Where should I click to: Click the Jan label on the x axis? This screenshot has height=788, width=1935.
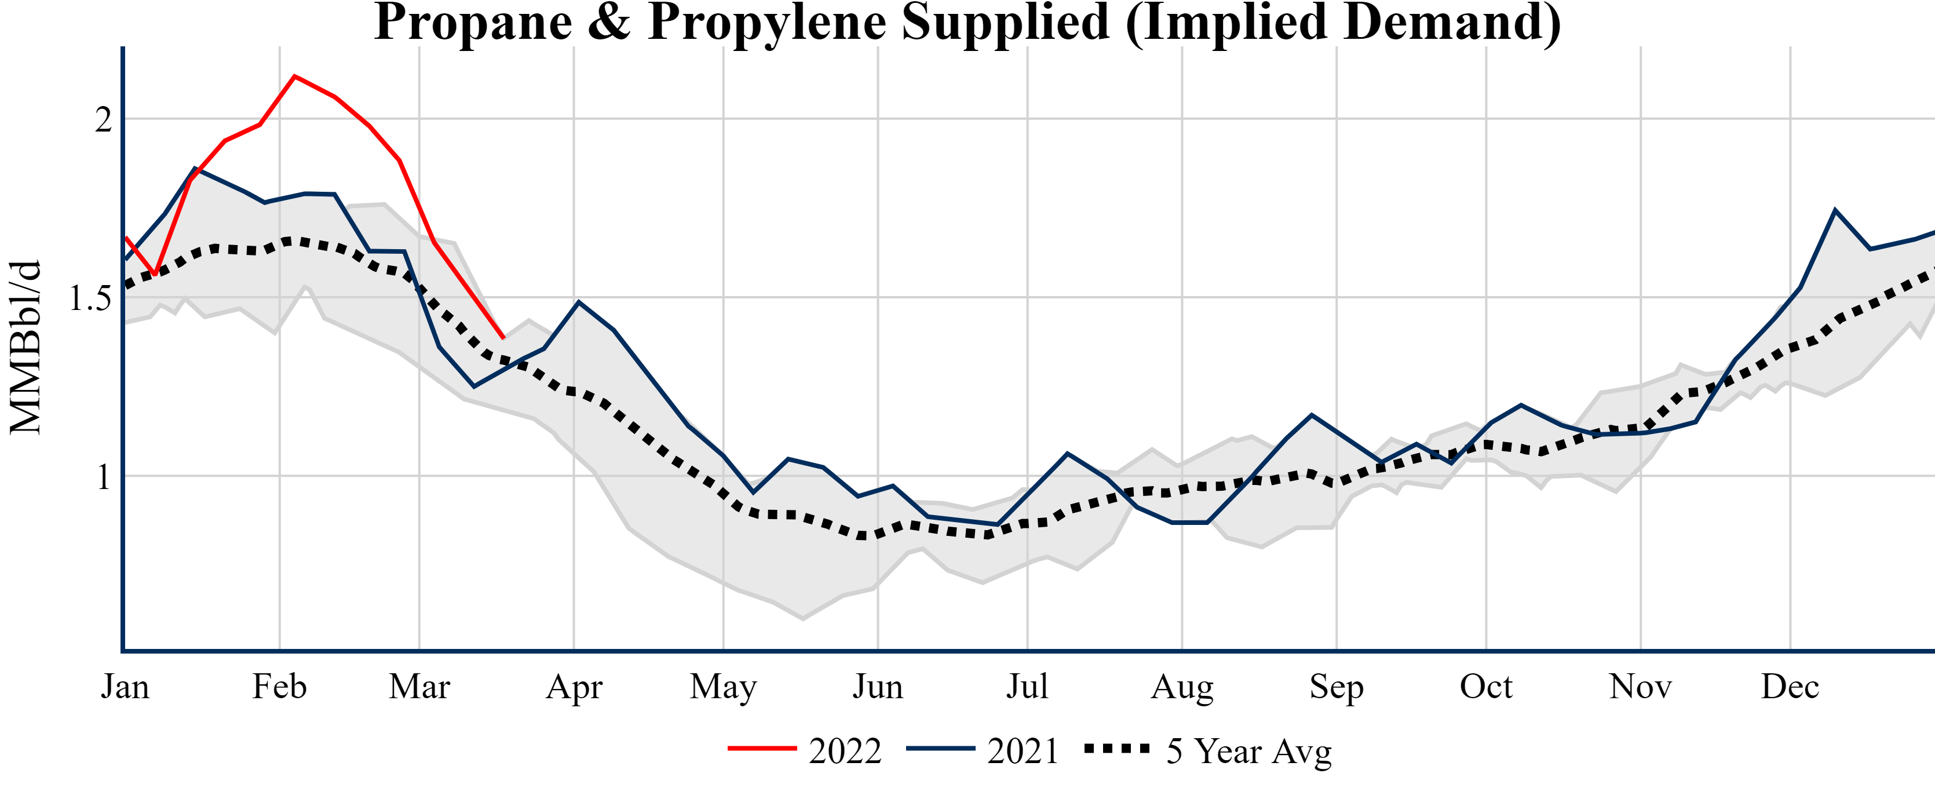click(125, 687)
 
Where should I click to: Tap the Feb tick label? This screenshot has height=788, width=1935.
click(279, 687)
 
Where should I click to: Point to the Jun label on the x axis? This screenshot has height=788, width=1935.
click(877, 687)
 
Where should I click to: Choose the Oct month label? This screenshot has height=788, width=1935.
click(1486, 687)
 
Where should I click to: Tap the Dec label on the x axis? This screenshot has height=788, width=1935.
click(1790, 687)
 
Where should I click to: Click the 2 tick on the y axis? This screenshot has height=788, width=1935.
click(103, 119)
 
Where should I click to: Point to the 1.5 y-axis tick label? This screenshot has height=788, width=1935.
click(89, 298)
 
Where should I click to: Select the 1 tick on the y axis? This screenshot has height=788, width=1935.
click(104, 477)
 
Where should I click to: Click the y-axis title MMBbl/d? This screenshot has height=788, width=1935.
click(25, 347)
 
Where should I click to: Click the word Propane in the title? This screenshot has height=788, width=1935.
click(473, 23)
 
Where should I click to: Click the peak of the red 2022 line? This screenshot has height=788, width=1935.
click(294, 76)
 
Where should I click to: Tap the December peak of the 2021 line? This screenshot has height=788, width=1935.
click(1835, 210)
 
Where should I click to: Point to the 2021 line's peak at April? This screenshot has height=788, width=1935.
click(578, 302)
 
